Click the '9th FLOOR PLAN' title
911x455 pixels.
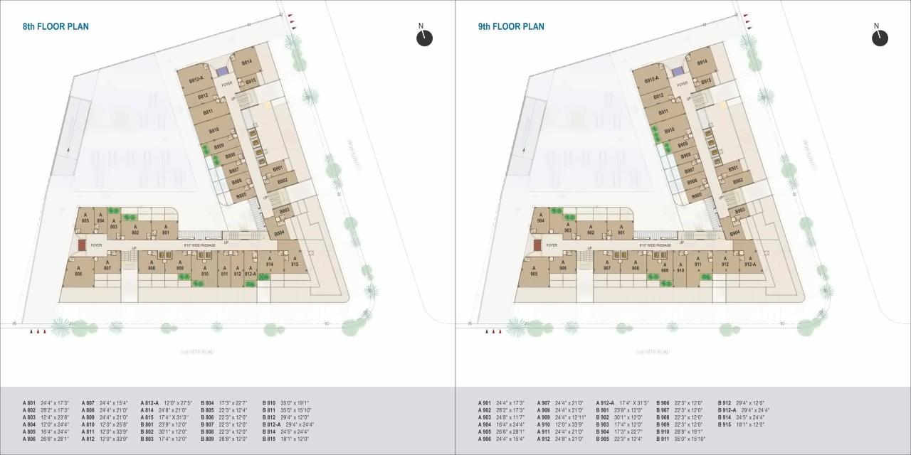pyautogui.click(x=511, y=27)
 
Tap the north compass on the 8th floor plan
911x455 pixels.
pyautogui.click(x=424, y=37)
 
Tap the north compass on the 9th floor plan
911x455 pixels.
pyautogui.click(x=880, y=37)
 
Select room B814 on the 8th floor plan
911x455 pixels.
pyautogui.click(x=247, y=62)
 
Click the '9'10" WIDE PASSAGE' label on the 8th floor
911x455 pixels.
pyautogui.click(x=199, y=245)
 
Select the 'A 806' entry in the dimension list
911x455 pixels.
pyautogui.click(x=29, y=439)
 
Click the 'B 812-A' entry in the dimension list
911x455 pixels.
pyautogui.click(x=273, y=424)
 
